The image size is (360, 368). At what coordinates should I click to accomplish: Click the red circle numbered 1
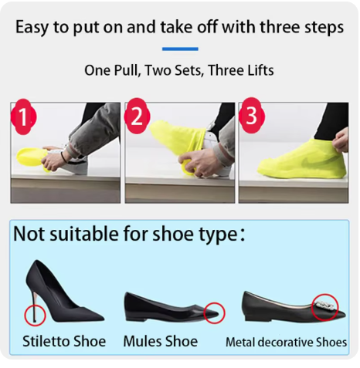coord(23,117)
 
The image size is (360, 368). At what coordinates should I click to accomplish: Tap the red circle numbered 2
coord(137,116)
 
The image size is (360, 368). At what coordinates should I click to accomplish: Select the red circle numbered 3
coord(251,116)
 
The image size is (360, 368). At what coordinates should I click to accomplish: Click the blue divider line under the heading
coord(180,49)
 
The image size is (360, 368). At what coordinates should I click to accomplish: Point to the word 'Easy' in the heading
coord(32,27)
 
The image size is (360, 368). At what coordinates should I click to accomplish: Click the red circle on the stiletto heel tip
coord(35,316)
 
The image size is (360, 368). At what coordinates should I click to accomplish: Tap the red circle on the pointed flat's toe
coord(214,313)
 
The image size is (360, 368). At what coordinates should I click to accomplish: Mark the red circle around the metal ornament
coord(324,307)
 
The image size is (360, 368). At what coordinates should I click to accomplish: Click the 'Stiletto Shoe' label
coord(64,341)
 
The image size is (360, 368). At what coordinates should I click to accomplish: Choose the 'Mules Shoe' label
coord(161,341)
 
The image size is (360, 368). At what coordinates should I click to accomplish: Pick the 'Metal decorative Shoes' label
coord(286,343)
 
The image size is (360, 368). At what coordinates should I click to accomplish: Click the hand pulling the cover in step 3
coord(341,140)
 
